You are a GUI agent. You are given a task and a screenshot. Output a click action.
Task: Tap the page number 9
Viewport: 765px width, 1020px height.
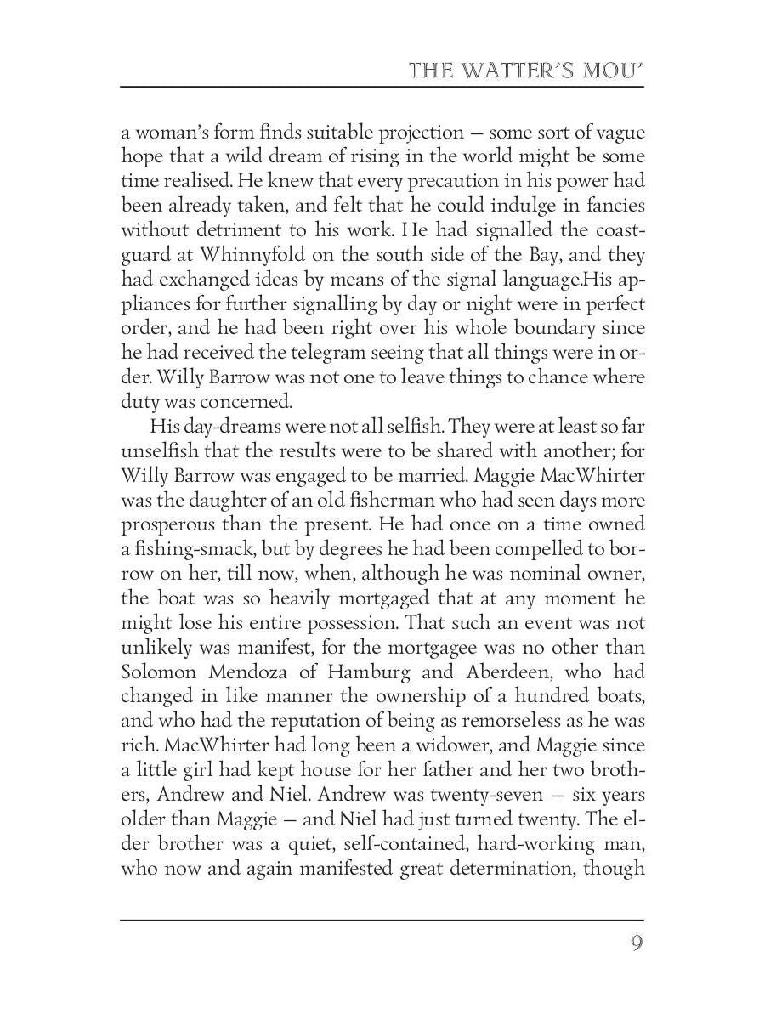(635, 944)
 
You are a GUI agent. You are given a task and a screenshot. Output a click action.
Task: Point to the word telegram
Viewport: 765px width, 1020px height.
(333, 353)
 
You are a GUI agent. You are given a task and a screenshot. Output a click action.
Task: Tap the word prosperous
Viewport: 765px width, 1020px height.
(174, 524)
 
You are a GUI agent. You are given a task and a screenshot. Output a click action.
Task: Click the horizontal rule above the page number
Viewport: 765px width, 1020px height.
(382, 920)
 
